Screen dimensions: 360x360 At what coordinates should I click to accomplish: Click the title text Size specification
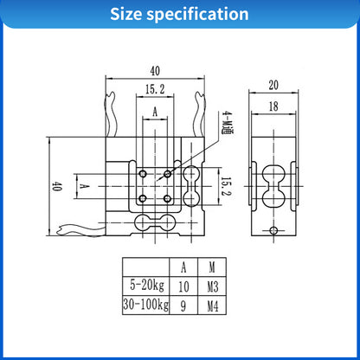[x=179, y=15]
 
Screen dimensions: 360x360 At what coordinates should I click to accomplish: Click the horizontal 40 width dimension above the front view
[x=155, y=70]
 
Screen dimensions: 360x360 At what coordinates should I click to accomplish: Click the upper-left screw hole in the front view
[x=142, y=174]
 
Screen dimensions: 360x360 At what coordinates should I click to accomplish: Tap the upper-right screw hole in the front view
[x=168, y=174]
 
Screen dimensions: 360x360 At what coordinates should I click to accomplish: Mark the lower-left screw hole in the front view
[x=142, y=200]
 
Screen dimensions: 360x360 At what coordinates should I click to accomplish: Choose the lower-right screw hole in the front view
[x=168, y=200]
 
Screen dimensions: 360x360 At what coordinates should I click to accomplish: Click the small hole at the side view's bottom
[x=274, y=231]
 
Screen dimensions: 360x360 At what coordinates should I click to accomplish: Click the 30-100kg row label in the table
[x=145, y=305]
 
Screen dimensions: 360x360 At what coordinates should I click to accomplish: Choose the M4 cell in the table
[x=213, y=305]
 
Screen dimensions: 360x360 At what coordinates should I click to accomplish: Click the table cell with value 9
[x=183, y=305]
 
